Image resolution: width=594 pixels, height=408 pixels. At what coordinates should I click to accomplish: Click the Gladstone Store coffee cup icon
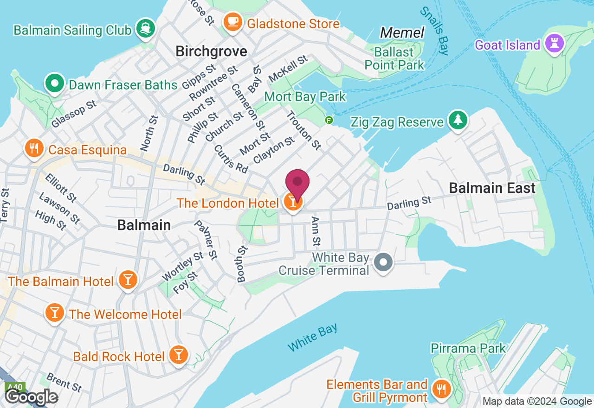[x=232, y=22]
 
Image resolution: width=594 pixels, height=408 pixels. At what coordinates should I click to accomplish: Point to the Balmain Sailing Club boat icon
[x=145, y=29]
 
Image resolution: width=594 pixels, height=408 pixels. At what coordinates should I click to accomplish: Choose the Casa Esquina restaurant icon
[x=33, y=148]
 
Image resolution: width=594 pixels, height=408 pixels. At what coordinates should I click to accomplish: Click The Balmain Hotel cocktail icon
[x=128, y=280]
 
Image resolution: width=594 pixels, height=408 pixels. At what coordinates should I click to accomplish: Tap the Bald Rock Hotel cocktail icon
[x=178, y=355]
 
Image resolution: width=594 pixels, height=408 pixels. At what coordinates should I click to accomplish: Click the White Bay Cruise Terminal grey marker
[x=383, y=262]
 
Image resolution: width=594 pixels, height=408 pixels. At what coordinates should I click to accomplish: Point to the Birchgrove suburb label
[x=211, y=51]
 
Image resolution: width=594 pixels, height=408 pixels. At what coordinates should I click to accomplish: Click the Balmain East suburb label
[x=492, y=188]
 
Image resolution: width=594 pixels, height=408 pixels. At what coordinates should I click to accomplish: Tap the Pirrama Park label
[x=468, y=348]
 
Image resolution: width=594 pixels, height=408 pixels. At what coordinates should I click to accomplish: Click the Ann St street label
[x=316, y=231]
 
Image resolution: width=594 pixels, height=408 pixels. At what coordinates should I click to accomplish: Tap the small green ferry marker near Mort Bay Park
[x=329, y=120]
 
